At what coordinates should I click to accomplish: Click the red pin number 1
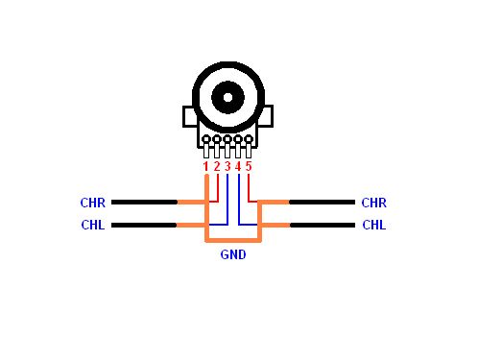pyautogui.click(x=205, y=166)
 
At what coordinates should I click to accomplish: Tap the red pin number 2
pyautogui.click(x=217, y=166)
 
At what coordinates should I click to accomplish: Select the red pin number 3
pyautogui.click(x=227, y=166)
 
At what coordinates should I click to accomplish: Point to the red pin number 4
pyautogui.click(x=238, y=166)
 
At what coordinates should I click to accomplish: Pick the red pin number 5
pyautogui.click(x=249, y=166)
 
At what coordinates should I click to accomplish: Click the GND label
pyautogui.click(x=233, y=254)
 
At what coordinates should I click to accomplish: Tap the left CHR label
pyautogui.click(x=93, y=203)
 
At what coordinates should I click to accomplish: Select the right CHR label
pyautogui.click(x=374, y=203)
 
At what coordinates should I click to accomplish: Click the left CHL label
pyautogui.click(x=93, y=225)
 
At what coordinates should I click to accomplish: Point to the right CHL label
pyautogui.click(x=374, y=225)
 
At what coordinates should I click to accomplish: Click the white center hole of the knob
pyautogui.click(x=227, y=97)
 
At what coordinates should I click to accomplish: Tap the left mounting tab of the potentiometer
pyautogui.click(x=188, y=116)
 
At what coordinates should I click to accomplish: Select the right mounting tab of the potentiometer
pyautogui.click(x=268, y=116)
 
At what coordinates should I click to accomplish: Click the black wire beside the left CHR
pyautogui.click(x=144, y=203)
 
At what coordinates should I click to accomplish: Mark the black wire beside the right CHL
pyautogui.click(x=323, y=226)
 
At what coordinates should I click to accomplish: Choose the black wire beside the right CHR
pyautogui.click(x=322, y=203)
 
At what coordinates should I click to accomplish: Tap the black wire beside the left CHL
pyautogui.click(x=144, y=226)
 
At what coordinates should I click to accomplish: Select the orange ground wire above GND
pyautogui.click(x=233, y=240)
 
